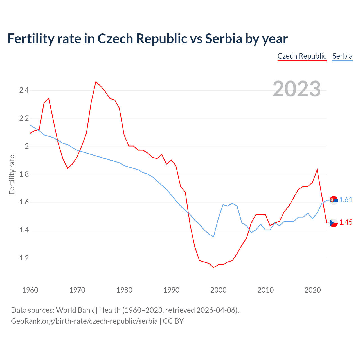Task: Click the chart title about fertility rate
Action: [x=147, y=39]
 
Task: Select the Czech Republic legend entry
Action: [x=302, y=56]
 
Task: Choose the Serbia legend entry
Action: [x=342, y=56]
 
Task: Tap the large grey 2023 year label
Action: [x=297, y=89]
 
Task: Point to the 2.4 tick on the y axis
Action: [x=24, y=90]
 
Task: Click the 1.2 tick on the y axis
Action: [x=24, y=258]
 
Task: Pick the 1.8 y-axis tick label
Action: [x=24, y=174]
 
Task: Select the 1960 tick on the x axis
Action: [x=30, y=290]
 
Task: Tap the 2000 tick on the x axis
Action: [x=218, y=290]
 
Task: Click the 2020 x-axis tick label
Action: [x=312, y=290]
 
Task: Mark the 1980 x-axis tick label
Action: [x=124, y=290]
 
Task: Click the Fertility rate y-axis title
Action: [x=12, y=174]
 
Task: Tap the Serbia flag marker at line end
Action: [x=334, y=200]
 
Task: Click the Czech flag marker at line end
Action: [x=334, y=223]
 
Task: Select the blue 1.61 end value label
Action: [x=346, y=200]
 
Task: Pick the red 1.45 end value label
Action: [x=346, y=222]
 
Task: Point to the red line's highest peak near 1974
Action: [x=96, y=82]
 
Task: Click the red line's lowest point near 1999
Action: [x=213, y=267]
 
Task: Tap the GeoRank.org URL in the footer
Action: [x=84, y=321]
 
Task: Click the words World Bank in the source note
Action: [x=75, y=310]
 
